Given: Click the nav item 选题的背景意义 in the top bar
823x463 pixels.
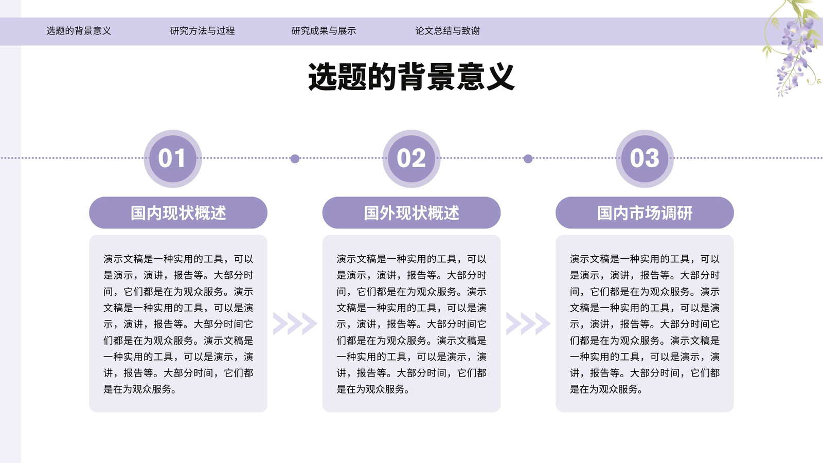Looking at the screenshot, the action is tap(79, 31).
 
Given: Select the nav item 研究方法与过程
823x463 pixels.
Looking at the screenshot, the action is tap(203, 31).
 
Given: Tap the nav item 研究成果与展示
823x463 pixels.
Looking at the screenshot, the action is tap(324, 31).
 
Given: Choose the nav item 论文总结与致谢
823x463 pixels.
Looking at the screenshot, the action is tap(448, 31).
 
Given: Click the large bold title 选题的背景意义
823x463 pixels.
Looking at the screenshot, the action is tap(411, 77).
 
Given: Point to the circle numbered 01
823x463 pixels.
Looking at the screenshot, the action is tap(173, 159).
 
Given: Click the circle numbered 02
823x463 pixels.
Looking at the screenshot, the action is tap(411, 159).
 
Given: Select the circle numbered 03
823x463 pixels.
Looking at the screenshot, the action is tap(645, 159).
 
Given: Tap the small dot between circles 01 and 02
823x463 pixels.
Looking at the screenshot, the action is tap(295, 159).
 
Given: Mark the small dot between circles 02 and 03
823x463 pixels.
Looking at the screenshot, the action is tap(528, 159).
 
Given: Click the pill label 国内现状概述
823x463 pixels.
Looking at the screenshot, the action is tap(178, 213).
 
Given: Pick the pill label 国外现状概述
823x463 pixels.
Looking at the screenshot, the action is tap(411, 213).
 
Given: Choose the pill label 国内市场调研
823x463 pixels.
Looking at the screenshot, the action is tap(645, 213).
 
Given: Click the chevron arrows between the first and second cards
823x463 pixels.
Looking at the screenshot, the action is tap(295, 324).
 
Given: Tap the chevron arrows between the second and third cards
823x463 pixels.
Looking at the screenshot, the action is tap(528, 324).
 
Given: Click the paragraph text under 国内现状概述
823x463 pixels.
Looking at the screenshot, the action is tap(178, 324).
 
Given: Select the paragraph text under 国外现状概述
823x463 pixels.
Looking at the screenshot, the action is tap(411, 324).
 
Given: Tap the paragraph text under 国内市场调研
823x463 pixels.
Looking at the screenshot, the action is tap(645, 324).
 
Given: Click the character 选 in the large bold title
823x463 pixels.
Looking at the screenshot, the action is tap(322, 77).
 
